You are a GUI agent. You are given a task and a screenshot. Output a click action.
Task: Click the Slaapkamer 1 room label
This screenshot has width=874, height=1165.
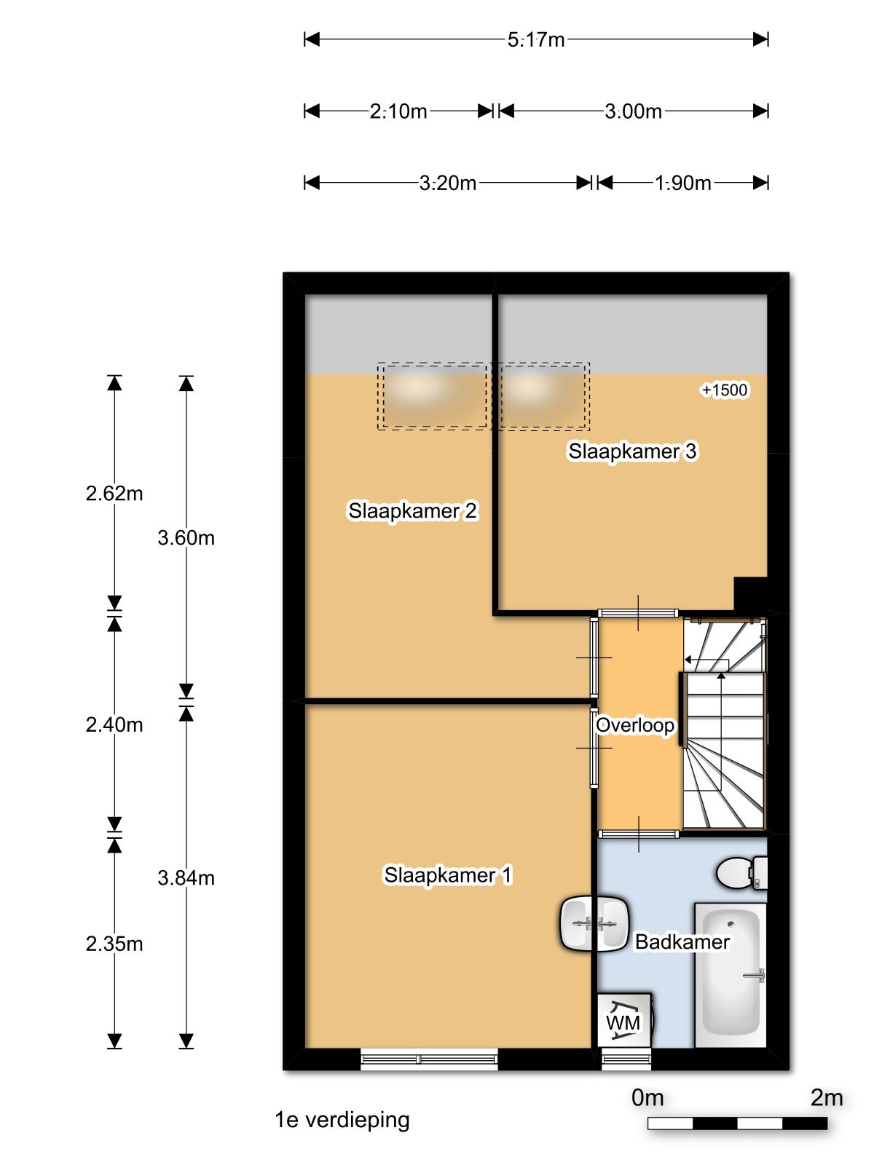448,875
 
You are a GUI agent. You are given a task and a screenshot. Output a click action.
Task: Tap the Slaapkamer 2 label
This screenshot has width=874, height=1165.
412,510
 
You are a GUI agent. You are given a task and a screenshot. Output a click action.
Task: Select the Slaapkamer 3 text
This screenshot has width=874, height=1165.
632,451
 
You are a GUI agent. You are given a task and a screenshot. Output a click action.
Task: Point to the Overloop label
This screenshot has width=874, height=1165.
634,725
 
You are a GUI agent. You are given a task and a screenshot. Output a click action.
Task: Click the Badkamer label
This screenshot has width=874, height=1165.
682,941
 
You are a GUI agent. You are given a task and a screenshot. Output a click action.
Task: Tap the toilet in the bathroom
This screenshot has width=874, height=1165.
742,872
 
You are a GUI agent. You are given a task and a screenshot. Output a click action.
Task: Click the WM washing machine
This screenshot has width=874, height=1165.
624,1020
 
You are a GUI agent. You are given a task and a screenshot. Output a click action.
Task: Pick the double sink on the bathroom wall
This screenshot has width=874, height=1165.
594,925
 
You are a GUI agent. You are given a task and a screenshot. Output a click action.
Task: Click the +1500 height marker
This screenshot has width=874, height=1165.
725,390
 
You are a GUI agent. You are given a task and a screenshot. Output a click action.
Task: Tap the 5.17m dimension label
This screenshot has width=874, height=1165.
536,40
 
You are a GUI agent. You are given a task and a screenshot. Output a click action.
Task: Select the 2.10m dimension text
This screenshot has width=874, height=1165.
398,111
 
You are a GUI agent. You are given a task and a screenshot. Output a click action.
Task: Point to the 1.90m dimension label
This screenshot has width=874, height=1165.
682,183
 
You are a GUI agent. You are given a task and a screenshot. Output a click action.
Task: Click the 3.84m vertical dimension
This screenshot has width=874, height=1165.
186,878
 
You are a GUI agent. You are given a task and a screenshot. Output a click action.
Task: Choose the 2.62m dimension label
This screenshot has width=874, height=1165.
114,493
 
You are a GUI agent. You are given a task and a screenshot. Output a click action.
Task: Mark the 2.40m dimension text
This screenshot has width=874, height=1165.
114,724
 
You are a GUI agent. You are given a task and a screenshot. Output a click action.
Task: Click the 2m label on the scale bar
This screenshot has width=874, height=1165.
826,1097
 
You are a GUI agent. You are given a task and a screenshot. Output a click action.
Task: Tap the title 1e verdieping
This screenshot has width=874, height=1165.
342,1120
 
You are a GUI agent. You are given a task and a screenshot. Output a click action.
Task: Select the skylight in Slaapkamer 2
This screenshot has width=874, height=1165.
432,395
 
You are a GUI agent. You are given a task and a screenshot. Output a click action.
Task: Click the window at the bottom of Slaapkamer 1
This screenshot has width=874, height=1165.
429,1059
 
